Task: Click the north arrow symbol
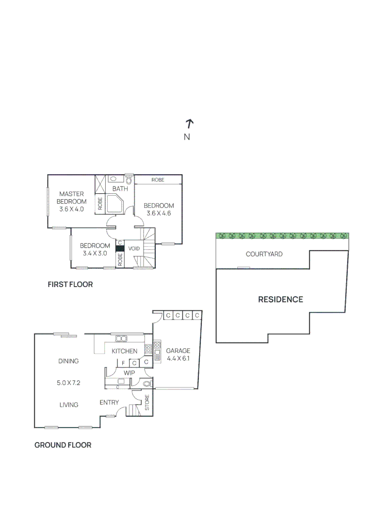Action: pyautogui.click(x=190, y=123)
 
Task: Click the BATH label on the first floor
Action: pyautogui.click(x=120, y=189)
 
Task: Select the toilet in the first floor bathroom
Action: pyautogui.click(x=129, y=179)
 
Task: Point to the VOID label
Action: pyautogui.click(x=134, y=249)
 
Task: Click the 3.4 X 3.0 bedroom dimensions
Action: pyautogui.click(x=95, y=253)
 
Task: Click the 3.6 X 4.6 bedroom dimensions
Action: pyautogui.click(x=159, y=213)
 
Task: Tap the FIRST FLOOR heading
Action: pyautogui.click(x=70, y=284)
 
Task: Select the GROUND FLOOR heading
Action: pyautogui.click(x=62, y=445)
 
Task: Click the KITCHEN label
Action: pyautogui.click(x=124, y=351)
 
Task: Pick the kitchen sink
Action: pyautogui.click(x=121, y=338)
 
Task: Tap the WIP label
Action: pyautogui.click(x=129, y=373)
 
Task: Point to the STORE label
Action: pyautogui.click(x=146, y=402)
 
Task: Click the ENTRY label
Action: pyautogui.click(x=109, y=403)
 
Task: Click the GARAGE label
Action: pyautogui.click(x=178, y=351)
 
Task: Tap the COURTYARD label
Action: pyautogui.click(x=264, y=254)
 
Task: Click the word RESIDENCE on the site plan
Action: pyautogui.click(x=281, y=299)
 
